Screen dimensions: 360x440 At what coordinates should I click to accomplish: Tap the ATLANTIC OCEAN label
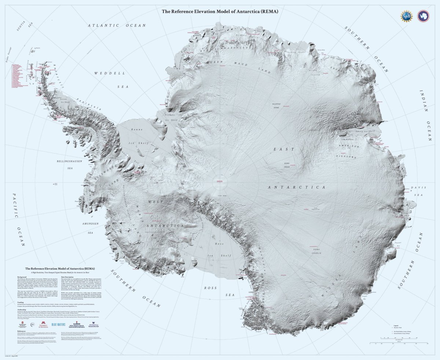tap(117, 25)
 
